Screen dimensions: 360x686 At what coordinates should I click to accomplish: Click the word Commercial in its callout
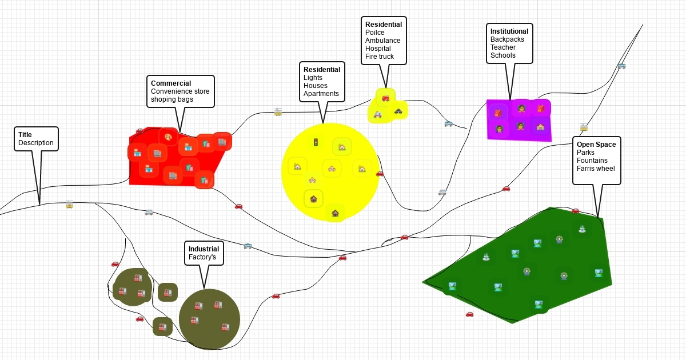[171, 83]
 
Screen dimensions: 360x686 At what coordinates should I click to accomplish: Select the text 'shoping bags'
[171, 99]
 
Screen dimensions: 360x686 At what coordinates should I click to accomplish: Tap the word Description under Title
[35, 143]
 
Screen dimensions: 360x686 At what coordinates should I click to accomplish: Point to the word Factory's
[202, 257]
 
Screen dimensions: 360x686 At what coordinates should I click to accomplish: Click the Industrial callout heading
[204, 249]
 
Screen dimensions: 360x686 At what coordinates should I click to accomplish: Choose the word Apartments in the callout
[321, 94]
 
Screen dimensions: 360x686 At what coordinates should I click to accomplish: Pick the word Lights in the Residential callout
[313, 78]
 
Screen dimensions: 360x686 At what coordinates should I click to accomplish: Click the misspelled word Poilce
[375, 33]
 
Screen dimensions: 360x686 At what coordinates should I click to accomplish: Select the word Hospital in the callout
[378, 49]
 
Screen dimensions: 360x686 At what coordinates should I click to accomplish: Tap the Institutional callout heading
[509, 31]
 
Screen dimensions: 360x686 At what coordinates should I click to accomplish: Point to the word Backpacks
[507, 39]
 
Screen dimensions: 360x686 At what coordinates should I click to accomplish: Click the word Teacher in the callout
[502, 47]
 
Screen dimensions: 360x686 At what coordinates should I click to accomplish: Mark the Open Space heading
[596, 145]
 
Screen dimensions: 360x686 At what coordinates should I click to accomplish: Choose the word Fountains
[592, 161]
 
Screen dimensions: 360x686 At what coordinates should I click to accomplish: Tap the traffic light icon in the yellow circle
[314, 141]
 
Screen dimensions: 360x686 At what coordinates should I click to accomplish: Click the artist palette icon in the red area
[168, 137]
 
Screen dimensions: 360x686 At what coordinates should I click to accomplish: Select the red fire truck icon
[385, 98]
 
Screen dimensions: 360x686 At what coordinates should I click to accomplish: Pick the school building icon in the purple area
[540, 126]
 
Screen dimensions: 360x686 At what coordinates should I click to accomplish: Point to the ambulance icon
[377, 114]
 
